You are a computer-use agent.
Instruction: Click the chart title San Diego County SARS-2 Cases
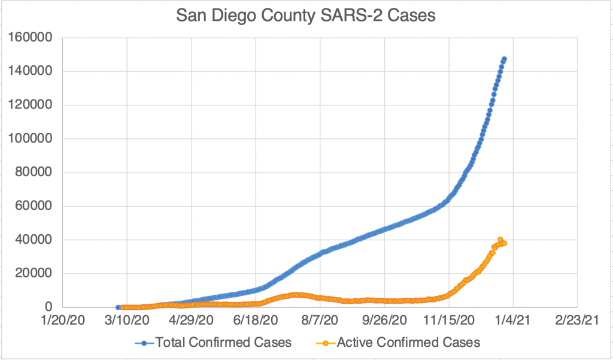click(x=306, y=16)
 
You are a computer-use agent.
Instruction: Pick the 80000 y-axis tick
click(x=34, y=173)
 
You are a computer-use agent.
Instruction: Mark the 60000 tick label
click(x=34, y=207)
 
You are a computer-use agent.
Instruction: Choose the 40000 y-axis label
click(x=34, y=240)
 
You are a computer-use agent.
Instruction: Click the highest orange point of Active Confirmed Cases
click(x=500, y=240)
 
